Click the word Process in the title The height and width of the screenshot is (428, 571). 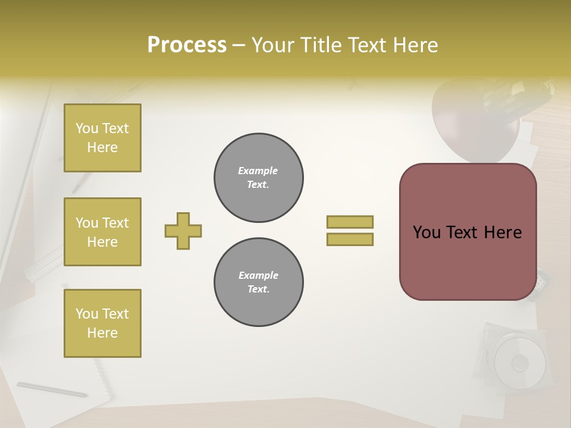[x=187, y=45]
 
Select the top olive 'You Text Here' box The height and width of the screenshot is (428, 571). [x=102, y=138]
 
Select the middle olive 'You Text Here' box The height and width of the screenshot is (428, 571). [x=102, y=232]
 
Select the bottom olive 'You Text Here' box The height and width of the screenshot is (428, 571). [x=102, y=323]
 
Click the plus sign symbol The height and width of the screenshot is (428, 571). [x=183, y=231]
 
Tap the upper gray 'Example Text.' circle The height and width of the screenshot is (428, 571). [x=258, y=177]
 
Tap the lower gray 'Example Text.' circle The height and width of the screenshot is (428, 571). [x=258, y=282]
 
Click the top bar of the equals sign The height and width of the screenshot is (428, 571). [x=350, y=222]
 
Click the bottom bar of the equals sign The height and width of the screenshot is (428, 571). [x=350, y=239]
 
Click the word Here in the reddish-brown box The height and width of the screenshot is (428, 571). [x=503, y=232]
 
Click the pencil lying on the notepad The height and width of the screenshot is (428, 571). [x=52, y=389]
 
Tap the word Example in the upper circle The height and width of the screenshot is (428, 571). [x=258, y=171]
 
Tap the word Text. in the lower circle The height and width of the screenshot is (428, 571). [x=258, y=289]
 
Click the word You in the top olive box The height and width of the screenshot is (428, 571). [x=87, y=128]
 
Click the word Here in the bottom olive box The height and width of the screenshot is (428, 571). [x=102, y=333]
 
